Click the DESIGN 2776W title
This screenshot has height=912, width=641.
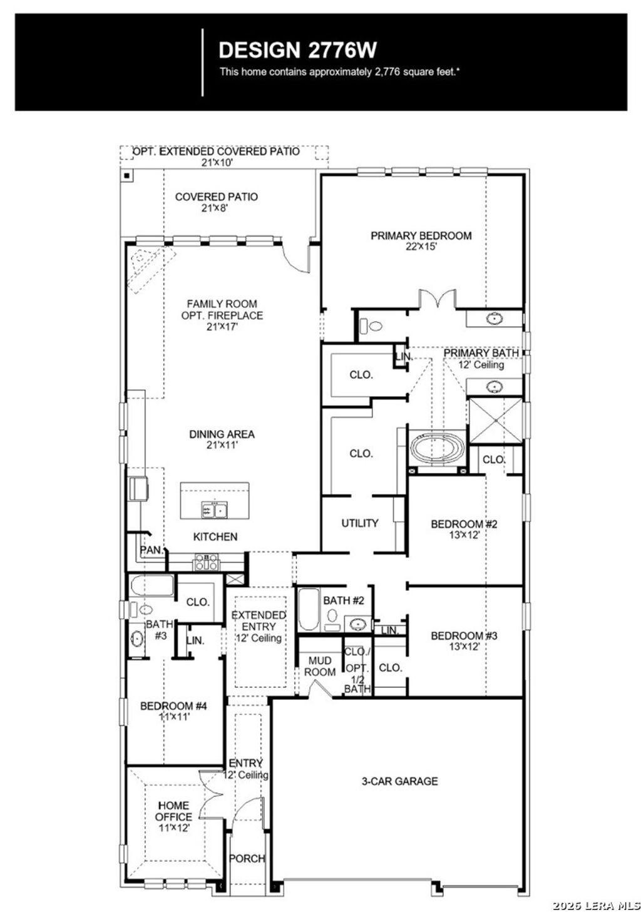(x=297, y=50)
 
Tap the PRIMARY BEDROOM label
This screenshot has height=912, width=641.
(x=421, y=236)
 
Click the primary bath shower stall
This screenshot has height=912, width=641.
(x=495, y=421)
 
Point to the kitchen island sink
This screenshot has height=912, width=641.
(x=214, y=510)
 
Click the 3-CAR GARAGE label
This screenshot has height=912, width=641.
(x=399, y=781)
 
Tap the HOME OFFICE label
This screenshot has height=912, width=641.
(x=173, y=811)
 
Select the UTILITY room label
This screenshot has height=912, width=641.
(x=359, y=523)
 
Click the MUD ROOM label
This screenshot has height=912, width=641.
(x=320, y=667)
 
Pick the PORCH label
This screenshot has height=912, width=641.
(x=247, y=858)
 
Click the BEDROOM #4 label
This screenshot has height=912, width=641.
(x=173, y=706)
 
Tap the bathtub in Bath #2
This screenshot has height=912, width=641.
(x=308, y=609)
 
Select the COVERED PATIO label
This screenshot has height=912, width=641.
(x=216, y=197)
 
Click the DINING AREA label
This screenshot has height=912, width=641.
(x=222, y=434)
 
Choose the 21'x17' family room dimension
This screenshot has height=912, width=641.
(x=222, y=326)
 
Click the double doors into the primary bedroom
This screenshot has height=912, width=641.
(x=437, y=299)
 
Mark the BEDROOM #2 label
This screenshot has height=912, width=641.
(x=464, y=524)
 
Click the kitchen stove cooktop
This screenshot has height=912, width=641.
(x=206, y=561)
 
